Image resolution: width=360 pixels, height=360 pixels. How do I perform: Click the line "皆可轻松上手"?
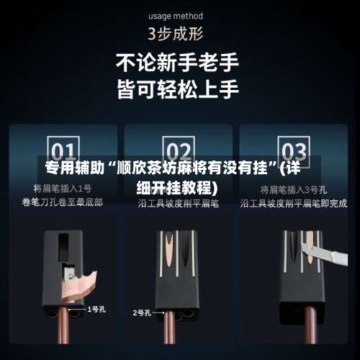click(178, 90)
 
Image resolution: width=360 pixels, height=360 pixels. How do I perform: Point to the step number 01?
click(63, 152)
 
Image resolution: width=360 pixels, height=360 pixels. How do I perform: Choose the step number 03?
click(293, 152)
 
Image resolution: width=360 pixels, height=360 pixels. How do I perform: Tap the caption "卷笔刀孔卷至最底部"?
click(63, 203)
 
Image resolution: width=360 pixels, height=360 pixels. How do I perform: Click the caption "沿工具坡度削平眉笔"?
click(177, 203)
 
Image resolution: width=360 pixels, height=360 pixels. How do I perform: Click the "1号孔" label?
click(97, 309)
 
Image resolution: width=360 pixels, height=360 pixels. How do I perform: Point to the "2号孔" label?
click(142, 312)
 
